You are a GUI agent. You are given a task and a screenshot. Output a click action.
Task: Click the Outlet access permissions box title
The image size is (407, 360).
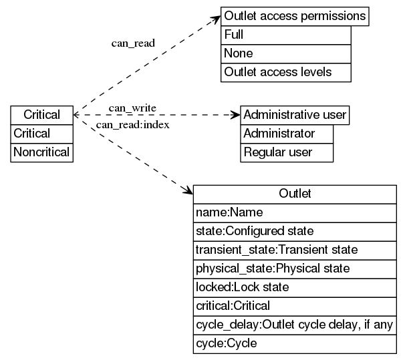click(x=295, y=16)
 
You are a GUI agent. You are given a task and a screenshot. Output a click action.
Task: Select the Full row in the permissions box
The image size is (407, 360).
click(x=285, y=35)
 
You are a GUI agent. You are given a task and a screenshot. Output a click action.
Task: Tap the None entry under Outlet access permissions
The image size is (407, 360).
click(x=285, y=53)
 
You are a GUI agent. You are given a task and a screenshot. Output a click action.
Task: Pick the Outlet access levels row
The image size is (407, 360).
click(x=285, y=72)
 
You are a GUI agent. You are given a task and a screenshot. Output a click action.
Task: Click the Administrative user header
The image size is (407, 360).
click(x=295, y=115)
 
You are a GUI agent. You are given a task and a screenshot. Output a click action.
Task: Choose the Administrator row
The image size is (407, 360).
click(x=286, y=134)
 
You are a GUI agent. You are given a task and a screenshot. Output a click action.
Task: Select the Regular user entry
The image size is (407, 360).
click(x=286, y=152)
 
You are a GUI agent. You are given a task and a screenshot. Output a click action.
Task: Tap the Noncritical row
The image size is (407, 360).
click(x=41, y=152)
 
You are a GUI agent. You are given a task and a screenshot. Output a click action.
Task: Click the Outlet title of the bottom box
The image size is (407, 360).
click(x=295, y=194)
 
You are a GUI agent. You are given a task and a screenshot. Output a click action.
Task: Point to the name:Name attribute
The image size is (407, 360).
click(x=295, y=212)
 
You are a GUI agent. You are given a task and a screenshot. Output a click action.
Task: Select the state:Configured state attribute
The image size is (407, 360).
click(x=295, y=231)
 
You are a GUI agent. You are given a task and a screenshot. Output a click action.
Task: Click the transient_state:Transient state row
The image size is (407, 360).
click(x=295, y=250)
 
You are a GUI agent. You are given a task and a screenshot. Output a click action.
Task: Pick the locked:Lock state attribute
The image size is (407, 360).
click(x=295, y=287)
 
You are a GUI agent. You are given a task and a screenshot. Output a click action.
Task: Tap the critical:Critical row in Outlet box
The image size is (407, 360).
click(x=295, y=306)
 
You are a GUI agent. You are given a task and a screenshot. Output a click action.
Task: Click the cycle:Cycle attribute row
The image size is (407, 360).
click(x=295, y=343)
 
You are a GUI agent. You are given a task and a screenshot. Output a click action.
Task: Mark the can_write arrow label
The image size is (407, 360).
click(x=132, y=108)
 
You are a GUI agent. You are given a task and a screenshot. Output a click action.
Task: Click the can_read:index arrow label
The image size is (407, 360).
click(x=132, y=125)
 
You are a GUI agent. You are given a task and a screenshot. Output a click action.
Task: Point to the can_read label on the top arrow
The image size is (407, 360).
click(x=133, y=43)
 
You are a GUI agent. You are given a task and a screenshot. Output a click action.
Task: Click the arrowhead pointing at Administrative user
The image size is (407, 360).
click(x=235, y=115)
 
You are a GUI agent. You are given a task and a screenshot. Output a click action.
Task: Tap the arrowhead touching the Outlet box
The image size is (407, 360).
click(x=188, y=191)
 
